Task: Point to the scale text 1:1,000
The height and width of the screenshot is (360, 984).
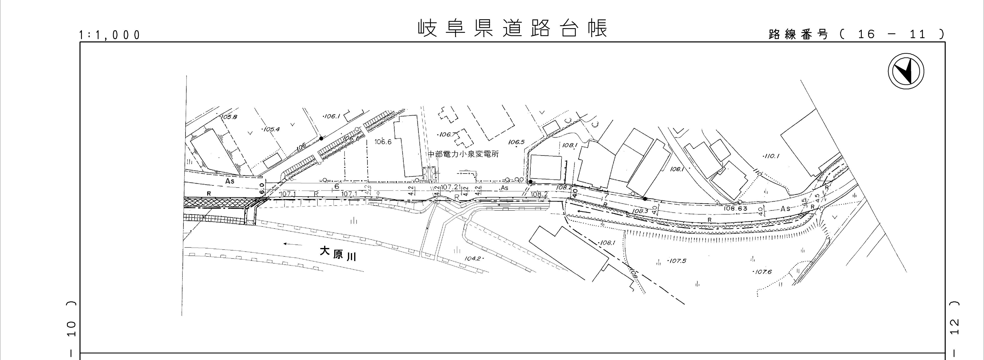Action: [x=110, y=35]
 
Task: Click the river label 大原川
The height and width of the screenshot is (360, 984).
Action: [x=338, y=253]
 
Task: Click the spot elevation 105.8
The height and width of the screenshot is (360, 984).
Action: [x=229, y=117]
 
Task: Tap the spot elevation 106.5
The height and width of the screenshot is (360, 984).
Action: [x=516, y=142]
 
